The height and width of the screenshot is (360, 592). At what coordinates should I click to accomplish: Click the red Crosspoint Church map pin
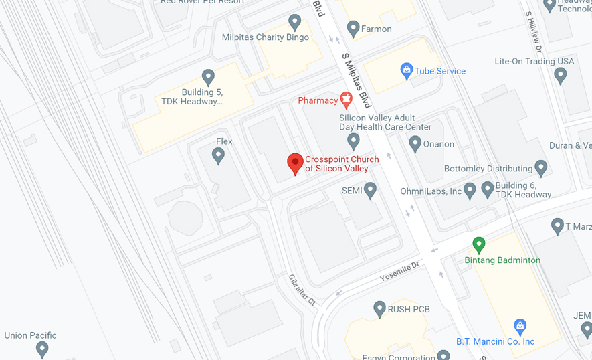[x=295, y=163]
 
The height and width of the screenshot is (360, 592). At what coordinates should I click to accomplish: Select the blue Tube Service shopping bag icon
[x=406, y=70]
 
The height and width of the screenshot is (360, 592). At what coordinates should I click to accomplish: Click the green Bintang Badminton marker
[x=478, y=244]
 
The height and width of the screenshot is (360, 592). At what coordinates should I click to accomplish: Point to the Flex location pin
[x=217, y=155]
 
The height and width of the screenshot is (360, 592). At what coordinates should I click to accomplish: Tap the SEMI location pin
[x=370, y=190]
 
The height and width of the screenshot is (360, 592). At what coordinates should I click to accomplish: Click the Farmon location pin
[x=353, y=28]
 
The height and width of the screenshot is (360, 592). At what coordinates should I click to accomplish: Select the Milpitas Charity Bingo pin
[x=294, y=22]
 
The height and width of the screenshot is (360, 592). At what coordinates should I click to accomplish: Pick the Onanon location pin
[x=415, y=143]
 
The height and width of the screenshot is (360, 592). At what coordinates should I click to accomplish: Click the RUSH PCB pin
[x=379, y=308]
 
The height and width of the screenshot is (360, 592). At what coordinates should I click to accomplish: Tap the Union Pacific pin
[x=42, y=348]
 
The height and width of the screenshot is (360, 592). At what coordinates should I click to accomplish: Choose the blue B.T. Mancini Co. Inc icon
[x=520, y=326]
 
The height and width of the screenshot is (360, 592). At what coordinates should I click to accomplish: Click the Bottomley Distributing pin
[x=541, y=168]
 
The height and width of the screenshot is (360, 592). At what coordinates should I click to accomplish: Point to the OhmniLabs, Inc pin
[x=470, y=191]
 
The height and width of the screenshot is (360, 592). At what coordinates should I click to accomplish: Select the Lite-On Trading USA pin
[x=561, y=75]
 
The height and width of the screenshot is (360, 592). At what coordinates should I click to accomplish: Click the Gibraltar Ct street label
[x=302, y=290]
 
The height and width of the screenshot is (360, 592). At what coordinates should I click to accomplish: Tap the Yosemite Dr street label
[x=399, y=270]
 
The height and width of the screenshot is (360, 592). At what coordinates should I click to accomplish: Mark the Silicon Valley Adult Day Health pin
[x=353, y=141]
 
